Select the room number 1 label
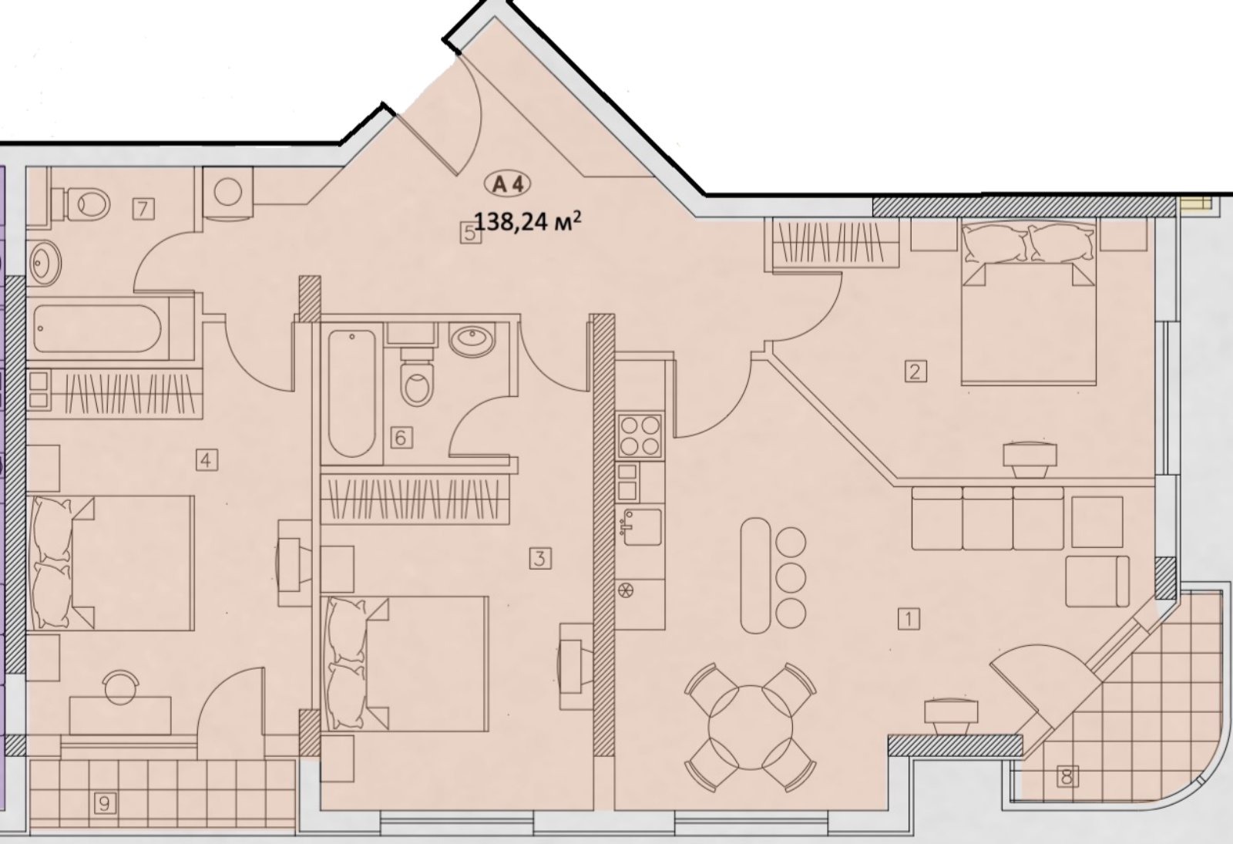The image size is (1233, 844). pos(909,619)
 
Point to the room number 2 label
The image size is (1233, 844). pos(916,371)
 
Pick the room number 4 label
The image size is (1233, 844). pos(207,459)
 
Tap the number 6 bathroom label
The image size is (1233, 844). pos(401,438)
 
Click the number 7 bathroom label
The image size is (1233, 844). pos(143,209)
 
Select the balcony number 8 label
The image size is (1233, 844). pos(1067,777)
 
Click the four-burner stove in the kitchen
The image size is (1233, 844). pos(640,435)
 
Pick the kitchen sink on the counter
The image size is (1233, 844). pos(641,527)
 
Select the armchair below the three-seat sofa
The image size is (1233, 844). pos(1097,581)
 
